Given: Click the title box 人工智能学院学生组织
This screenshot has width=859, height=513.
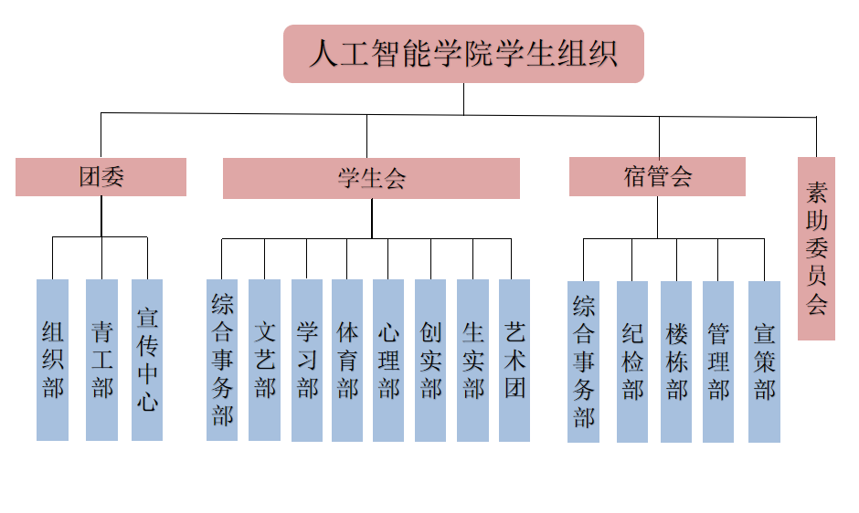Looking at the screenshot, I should [x=463, y=54].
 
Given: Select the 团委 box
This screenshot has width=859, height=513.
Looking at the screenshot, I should [x=101, y=177].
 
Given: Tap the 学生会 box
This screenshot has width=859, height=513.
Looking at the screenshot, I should [x=371, y=178].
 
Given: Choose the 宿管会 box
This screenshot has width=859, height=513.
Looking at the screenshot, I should [x=657, y=176].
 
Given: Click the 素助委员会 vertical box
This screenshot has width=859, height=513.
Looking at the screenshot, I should [x=816, y=248].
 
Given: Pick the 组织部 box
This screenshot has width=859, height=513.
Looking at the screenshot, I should [x=53, y=360].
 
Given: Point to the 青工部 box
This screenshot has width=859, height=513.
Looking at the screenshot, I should [x=101, y=360].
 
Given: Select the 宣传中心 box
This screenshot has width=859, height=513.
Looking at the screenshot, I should [x=147, y=360].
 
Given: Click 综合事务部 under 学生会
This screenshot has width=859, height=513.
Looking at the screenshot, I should [x=222, y=360].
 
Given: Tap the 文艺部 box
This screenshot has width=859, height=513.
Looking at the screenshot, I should [x=264, y=360].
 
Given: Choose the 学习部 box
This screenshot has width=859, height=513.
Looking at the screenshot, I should [x=307, y=360].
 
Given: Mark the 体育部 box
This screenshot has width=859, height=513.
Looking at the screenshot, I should [x=347, y=360].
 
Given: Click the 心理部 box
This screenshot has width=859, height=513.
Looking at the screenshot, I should [x=388, y=360].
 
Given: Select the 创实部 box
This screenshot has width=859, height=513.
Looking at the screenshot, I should [x=430, y=360].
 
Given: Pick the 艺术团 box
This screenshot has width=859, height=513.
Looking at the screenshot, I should [x=514, y=360].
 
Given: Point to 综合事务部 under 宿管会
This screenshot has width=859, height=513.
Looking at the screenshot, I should [x=583, y=361].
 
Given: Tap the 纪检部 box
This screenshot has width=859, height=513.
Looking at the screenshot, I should [x=632, y=361].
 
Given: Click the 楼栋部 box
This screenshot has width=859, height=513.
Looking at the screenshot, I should [x=676, y=361].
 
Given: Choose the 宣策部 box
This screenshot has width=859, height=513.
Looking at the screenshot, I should [x=764, y=361].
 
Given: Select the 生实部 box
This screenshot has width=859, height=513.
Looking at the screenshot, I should [x=472, y=360].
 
